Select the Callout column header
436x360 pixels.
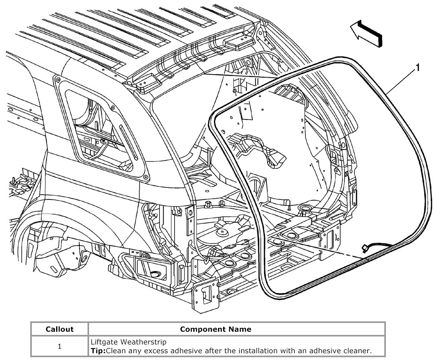[x=60, y=329]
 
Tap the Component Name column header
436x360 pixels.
[x=216, y=329]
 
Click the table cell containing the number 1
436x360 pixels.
[x=60, y=346]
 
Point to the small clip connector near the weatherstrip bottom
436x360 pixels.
[x=365, y=248]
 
